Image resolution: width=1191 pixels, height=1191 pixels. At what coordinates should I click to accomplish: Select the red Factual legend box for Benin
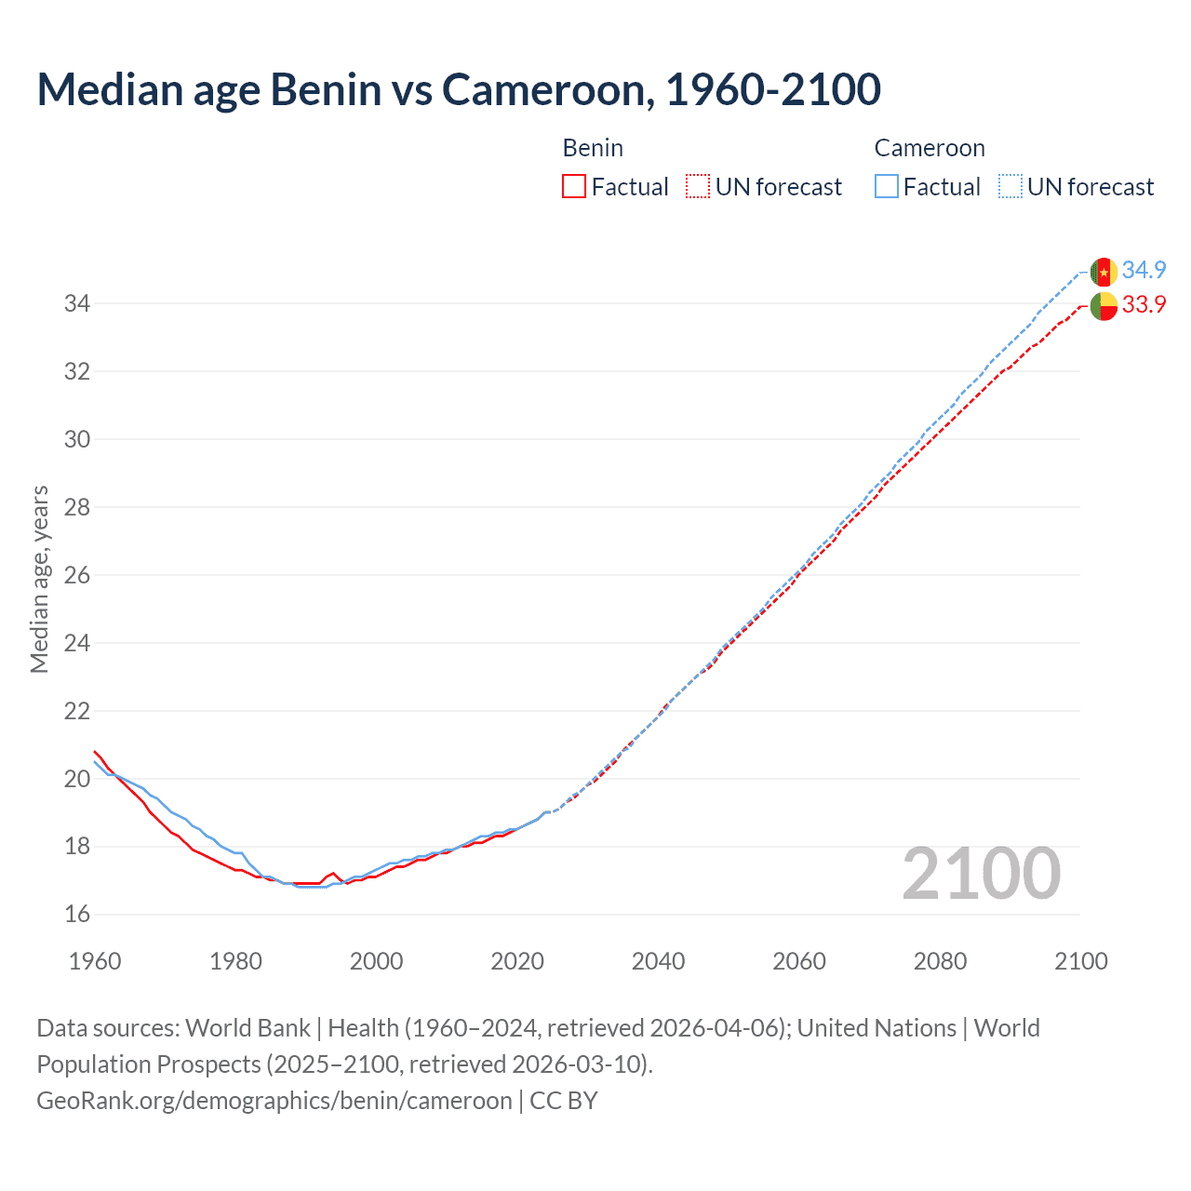click(574, 186)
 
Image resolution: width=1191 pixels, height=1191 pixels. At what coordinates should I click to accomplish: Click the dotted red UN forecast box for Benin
click(698, 186)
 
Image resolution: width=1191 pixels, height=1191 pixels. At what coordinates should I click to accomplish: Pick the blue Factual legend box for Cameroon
click(887, 186)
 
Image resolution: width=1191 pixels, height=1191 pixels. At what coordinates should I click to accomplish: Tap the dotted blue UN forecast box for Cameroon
click(1010, 186)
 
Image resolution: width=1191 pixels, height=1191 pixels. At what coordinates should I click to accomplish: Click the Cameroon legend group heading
click(929, 148)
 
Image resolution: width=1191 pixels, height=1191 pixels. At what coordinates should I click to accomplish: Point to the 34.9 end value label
click(1144, 270)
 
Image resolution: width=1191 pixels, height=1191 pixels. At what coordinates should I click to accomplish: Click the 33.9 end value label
click(1144, 304)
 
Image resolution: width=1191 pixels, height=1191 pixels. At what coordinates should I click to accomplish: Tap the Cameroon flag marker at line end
click(1104, 272)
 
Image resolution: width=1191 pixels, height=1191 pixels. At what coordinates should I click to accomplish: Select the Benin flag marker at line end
click(1104, 305)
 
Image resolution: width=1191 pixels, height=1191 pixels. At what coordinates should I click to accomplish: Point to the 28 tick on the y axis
click(77, 507)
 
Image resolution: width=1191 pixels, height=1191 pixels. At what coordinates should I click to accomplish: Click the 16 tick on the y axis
click(77, 915)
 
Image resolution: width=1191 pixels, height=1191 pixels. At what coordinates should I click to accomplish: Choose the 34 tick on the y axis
click(77, 303)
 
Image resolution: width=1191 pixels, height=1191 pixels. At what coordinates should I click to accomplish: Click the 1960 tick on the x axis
click(95, 961)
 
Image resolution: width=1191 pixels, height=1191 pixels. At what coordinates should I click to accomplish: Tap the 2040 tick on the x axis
click(658, 961)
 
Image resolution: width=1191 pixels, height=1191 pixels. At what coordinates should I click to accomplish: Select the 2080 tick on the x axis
click(940, 961)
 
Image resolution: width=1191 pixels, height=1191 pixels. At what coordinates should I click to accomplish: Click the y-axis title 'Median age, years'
click(39, 579)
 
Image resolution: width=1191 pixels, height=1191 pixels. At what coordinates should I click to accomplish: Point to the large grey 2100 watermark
click(981, 873)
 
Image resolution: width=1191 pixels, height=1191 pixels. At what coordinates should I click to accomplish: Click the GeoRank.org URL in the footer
click(274, 1101)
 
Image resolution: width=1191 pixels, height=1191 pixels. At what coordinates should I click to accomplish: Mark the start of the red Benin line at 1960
click(95, 752)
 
